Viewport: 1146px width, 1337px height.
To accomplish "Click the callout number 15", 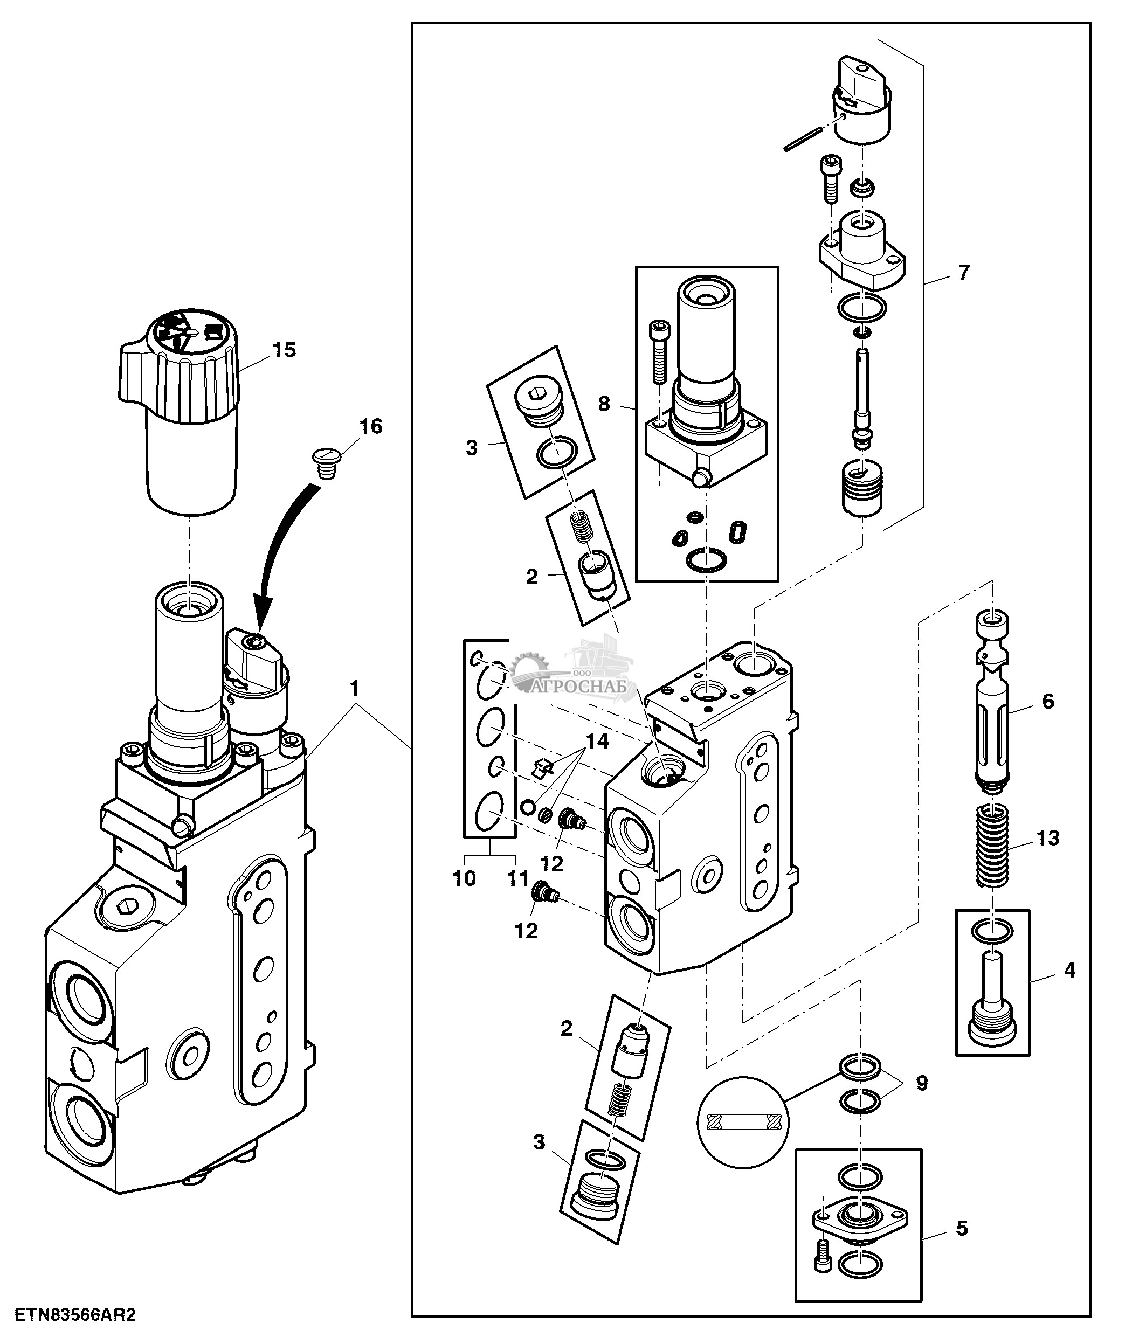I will point(284,350).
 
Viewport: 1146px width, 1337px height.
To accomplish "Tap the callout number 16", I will point(370,426).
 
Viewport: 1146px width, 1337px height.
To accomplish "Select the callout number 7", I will point(963,273).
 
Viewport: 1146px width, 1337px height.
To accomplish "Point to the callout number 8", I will point(603,404).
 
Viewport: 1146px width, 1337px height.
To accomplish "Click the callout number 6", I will point(1047,702).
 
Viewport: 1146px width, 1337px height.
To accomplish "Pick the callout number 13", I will point(1047,837).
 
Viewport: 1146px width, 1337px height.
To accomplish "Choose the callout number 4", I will point(1069,988).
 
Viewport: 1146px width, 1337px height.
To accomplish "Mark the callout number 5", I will point(962,1228).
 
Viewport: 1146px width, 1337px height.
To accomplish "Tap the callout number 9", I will point(921,1082).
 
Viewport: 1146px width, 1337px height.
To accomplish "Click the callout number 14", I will point(597,742).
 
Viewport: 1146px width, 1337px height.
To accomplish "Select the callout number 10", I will point(465,878).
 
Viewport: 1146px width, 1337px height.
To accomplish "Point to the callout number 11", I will point(518,878).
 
